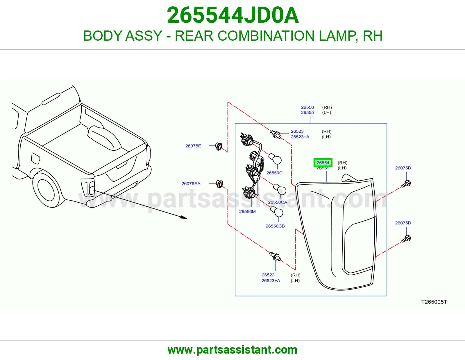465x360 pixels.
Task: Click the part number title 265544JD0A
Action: pos(233,15)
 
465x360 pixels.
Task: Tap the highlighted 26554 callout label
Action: pos(323,163)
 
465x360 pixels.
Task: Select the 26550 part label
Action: pos(307,107)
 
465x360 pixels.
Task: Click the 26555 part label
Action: pos(307,112)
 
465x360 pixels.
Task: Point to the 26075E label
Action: pos(193,146)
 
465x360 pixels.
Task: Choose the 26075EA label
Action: pos(191,183)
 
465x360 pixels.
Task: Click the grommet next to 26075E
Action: pos(219,146)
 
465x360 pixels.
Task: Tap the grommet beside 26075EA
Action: pos(220,184)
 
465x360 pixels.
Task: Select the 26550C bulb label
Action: pos(274,173)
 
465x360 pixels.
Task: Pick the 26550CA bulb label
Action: pos(278,202)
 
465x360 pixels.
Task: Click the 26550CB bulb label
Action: pos(275,226)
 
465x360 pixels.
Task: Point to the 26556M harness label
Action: pos(247,211)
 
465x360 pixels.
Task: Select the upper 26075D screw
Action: pos(406,184)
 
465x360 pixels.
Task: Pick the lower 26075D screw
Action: pos(406,239)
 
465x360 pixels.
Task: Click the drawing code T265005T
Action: pos(434,302)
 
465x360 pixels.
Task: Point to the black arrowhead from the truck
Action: pos(183,217)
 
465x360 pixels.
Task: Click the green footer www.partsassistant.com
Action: pos(233,350)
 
